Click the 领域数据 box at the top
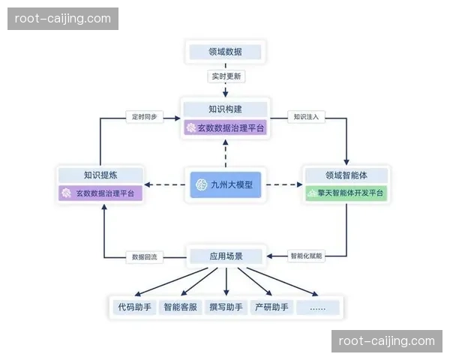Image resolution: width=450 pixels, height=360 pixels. coord(225,52)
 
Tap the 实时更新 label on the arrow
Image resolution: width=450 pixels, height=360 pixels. coord(225,76)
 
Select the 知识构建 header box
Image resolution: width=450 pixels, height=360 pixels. coord(225,108)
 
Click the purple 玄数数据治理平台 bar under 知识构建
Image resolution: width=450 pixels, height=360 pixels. coord(225,128)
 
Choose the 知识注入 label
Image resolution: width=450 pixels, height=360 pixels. coord(307,117)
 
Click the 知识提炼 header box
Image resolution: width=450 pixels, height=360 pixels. coord(100,175)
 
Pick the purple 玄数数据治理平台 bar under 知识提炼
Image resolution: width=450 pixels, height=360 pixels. coord(100,194)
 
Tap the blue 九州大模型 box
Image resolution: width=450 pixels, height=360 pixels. coord(225,184)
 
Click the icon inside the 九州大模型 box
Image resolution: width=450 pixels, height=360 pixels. coord(200,184)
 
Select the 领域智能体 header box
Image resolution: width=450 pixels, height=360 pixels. coord(346,175)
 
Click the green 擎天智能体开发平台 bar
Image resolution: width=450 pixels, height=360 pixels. coord(346,193)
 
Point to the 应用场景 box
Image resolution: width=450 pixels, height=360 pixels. coord(225,256)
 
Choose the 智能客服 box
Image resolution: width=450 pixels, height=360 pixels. coord(181,307)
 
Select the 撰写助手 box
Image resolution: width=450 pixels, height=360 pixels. coord(226,307)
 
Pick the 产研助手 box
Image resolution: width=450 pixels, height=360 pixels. coord(271,307)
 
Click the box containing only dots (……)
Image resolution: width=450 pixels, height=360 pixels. coord(318,307)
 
